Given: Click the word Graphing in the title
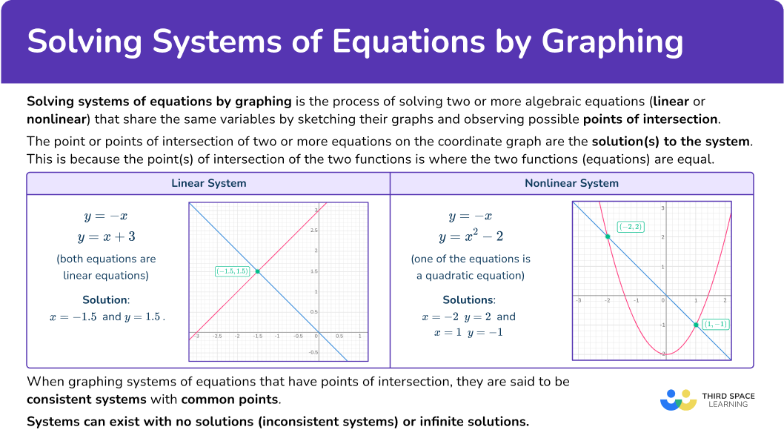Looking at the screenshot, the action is pos(612,42).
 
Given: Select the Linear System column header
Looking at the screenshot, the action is pos(208,183).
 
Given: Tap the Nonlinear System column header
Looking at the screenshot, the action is pos(571,183).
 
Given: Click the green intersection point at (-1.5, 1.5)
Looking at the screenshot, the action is pos(257,271).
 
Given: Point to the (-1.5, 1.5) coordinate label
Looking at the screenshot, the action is pos(232,271).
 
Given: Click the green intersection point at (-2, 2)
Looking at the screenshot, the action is pos(608,236).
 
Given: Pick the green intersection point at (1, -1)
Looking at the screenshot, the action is pos(696,325).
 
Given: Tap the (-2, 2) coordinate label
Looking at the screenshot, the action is pos(631,227).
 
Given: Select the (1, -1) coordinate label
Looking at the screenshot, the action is pos(716,324).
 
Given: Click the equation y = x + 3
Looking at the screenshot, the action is pos(106,236).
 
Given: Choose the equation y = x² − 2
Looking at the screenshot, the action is pos(471,236).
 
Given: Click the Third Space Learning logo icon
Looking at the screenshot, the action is pos(679,400).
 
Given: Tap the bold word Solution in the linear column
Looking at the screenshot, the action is pos(105,300).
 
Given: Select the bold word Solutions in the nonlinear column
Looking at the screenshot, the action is pos(468,300).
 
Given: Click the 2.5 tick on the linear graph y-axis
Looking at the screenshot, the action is pos(313,231).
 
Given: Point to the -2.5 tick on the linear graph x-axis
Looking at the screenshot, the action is pos(217,336).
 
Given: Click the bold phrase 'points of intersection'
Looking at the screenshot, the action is pos(651,119).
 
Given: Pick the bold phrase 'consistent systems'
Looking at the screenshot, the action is pos(87,400).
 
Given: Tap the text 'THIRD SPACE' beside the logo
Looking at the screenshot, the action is pos(728,396).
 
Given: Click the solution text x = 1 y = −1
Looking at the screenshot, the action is pos(468,333).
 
